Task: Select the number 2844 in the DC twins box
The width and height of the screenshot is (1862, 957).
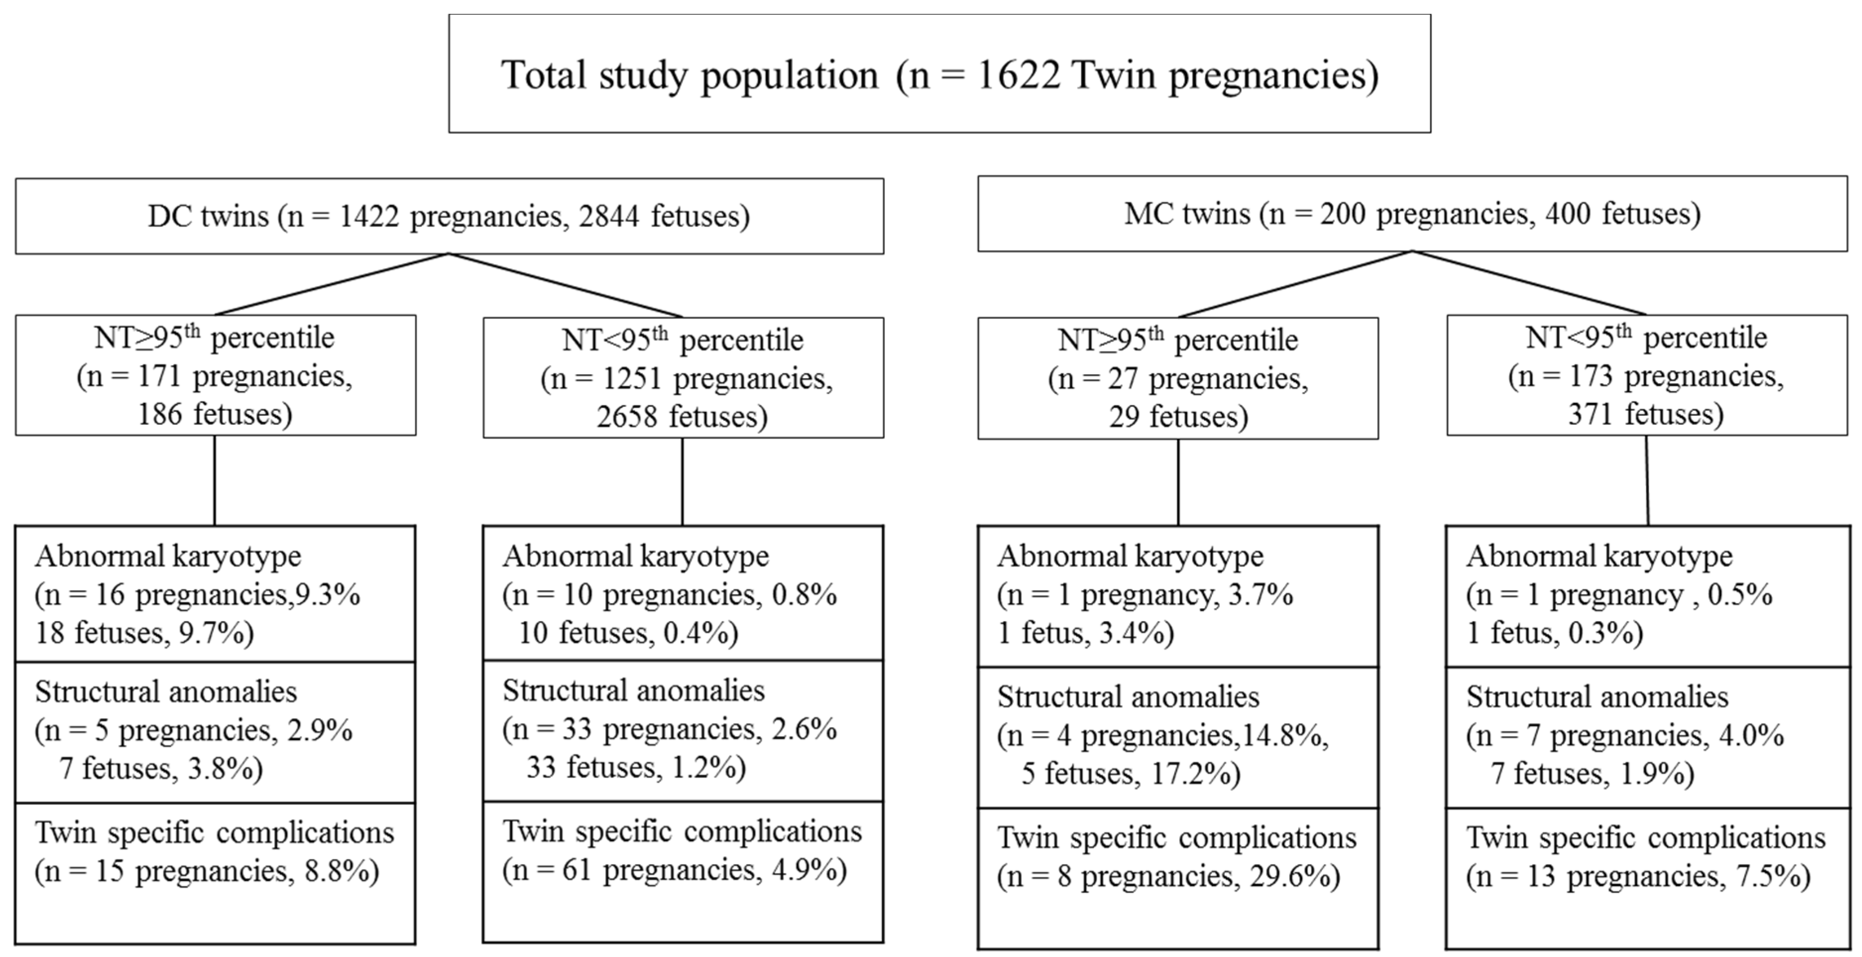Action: click(x=608, y=216)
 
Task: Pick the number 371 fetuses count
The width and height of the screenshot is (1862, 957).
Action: click(x=1590, y=415)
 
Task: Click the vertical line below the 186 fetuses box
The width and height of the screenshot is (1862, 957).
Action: click(x=215, y=481)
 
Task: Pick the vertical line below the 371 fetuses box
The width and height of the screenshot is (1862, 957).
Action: click(x=1647, y=481)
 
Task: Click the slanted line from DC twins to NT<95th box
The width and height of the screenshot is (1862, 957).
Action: click(x=565, y=285)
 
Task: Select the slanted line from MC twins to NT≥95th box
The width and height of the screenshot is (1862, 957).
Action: click(x=1295, y=284)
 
